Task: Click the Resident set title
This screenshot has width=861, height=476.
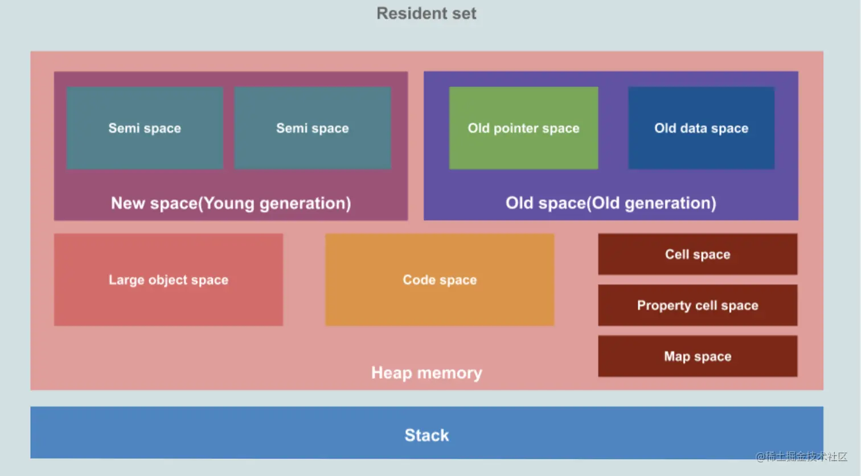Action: (x=427, y=14)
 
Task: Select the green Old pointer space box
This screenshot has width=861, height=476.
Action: (x=523, y=128)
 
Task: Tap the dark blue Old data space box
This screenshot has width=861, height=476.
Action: (x=701, y=128)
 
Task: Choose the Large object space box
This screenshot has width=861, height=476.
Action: (x=169, y=280)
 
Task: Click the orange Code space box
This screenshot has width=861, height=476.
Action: (x=440, y=280)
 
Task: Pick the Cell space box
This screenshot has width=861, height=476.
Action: (x=698, y=254)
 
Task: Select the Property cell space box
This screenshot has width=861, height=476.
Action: (x=698, y=305)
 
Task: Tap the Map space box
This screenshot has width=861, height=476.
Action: (x=698, y=356)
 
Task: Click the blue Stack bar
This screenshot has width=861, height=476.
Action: (x=427, y=433)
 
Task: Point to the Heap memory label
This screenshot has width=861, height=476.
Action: (x=427, y=372)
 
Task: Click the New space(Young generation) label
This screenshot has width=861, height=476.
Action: (x=231, y=203)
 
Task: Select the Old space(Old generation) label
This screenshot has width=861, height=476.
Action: (x=611, y=203)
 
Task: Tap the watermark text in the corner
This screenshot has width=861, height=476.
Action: (x=801, y=457)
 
